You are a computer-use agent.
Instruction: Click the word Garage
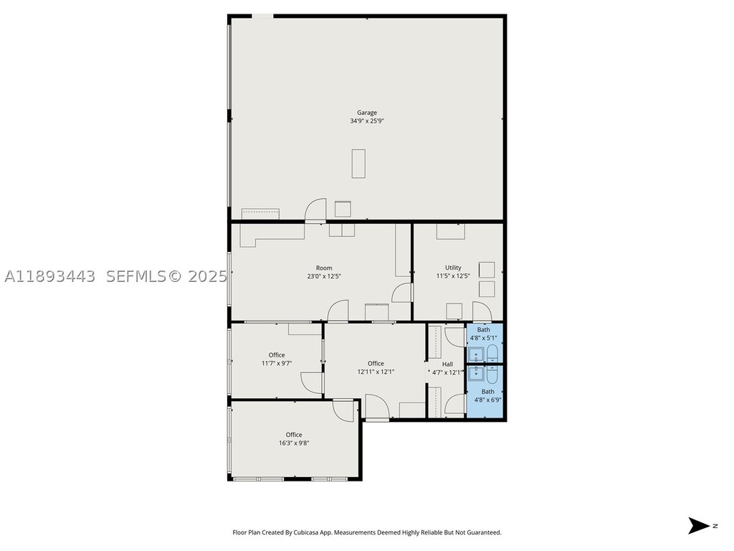click(x=366, y=113)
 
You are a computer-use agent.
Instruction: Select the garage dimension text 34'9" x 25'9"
click(x=367, y=121)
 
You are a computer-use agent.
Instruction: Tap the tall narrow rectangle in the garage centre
click(x=358, y=164)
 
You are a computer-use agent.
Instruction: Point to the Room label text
click(x=324, y=268)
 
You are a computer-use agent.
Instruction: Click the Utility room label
click(x=453, y=268)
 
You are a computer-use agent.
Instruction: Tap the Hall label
click(x=447, y=364)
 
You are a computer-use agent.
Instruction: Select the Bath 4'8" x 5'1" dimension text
click(x=484, y=338)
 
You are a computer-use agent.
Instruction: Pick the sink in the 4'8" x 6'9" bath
click(x=477, y=373)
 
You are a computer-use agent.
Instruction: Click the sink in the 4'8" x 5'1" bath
click(x=477, y=354)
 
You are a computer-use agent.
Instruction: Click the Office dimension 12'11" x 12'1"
click(x=376, y=372)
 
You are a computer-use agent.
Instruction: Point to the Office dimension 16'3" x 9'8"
click(x=294, y=443)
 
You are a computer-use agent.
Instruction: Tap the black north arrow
click(x=699, y=526)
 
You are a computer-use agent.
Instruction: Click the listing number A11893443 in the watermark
click(x=49, y=276)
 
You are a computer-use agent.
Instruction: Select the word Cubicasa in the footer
click(x=307, y=532)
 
